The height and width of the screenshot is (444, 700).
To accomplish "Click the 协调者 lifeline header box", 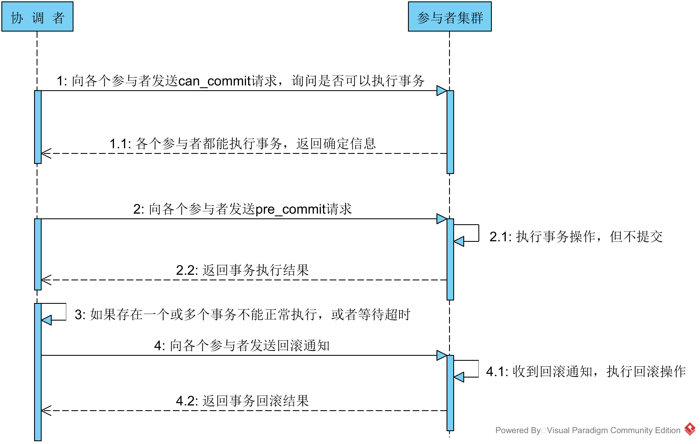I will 37,16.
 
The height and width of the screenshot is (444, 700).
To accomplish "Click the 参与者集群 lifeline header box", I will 450,16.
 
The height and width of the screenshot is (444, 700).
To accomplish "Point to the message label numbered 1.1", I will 243,144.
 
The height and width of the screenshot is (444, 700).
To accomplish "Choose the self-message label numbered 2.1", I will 576,237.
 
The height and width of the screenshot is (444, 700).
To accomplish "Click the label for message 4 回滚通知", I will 242,346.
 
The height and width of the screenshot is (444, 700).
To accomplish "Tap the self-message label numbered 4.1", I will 586,372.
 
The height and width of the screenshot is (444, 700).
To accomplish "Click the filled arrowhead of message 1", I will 442,91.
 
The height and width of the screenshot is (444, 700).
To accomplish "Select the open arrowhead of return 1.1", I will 46,153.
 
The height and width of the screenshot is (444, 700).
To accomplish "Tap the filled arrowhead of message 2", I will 442,219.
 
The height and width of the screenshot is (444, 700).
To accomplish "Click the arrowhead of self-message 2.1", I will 459,242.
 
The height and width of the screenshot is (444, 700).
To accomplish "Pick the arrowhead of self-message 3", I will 46,320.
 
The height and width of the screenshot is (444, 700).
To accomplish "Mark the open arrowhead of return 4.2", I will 46,410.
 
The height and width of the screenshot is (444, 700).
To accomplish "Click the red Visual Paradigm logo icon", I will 690,429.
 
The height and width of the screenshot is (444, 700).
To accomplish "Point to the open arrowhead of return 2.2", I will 46,280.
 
